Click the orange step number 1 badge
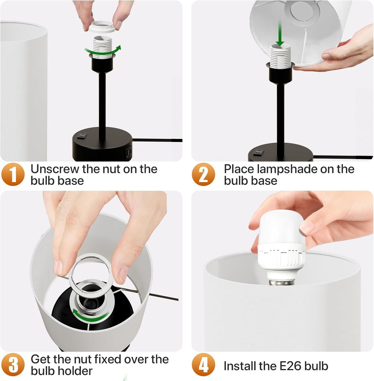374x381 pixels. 13,174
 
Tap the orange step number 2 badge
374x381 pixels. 204,174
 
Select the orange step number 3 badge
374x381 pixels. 13,365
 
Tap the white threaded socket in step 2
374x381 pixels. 280,57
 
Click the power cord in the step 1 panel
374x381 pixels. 157,140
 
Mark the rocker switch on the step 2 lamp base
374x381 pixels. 257,151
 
